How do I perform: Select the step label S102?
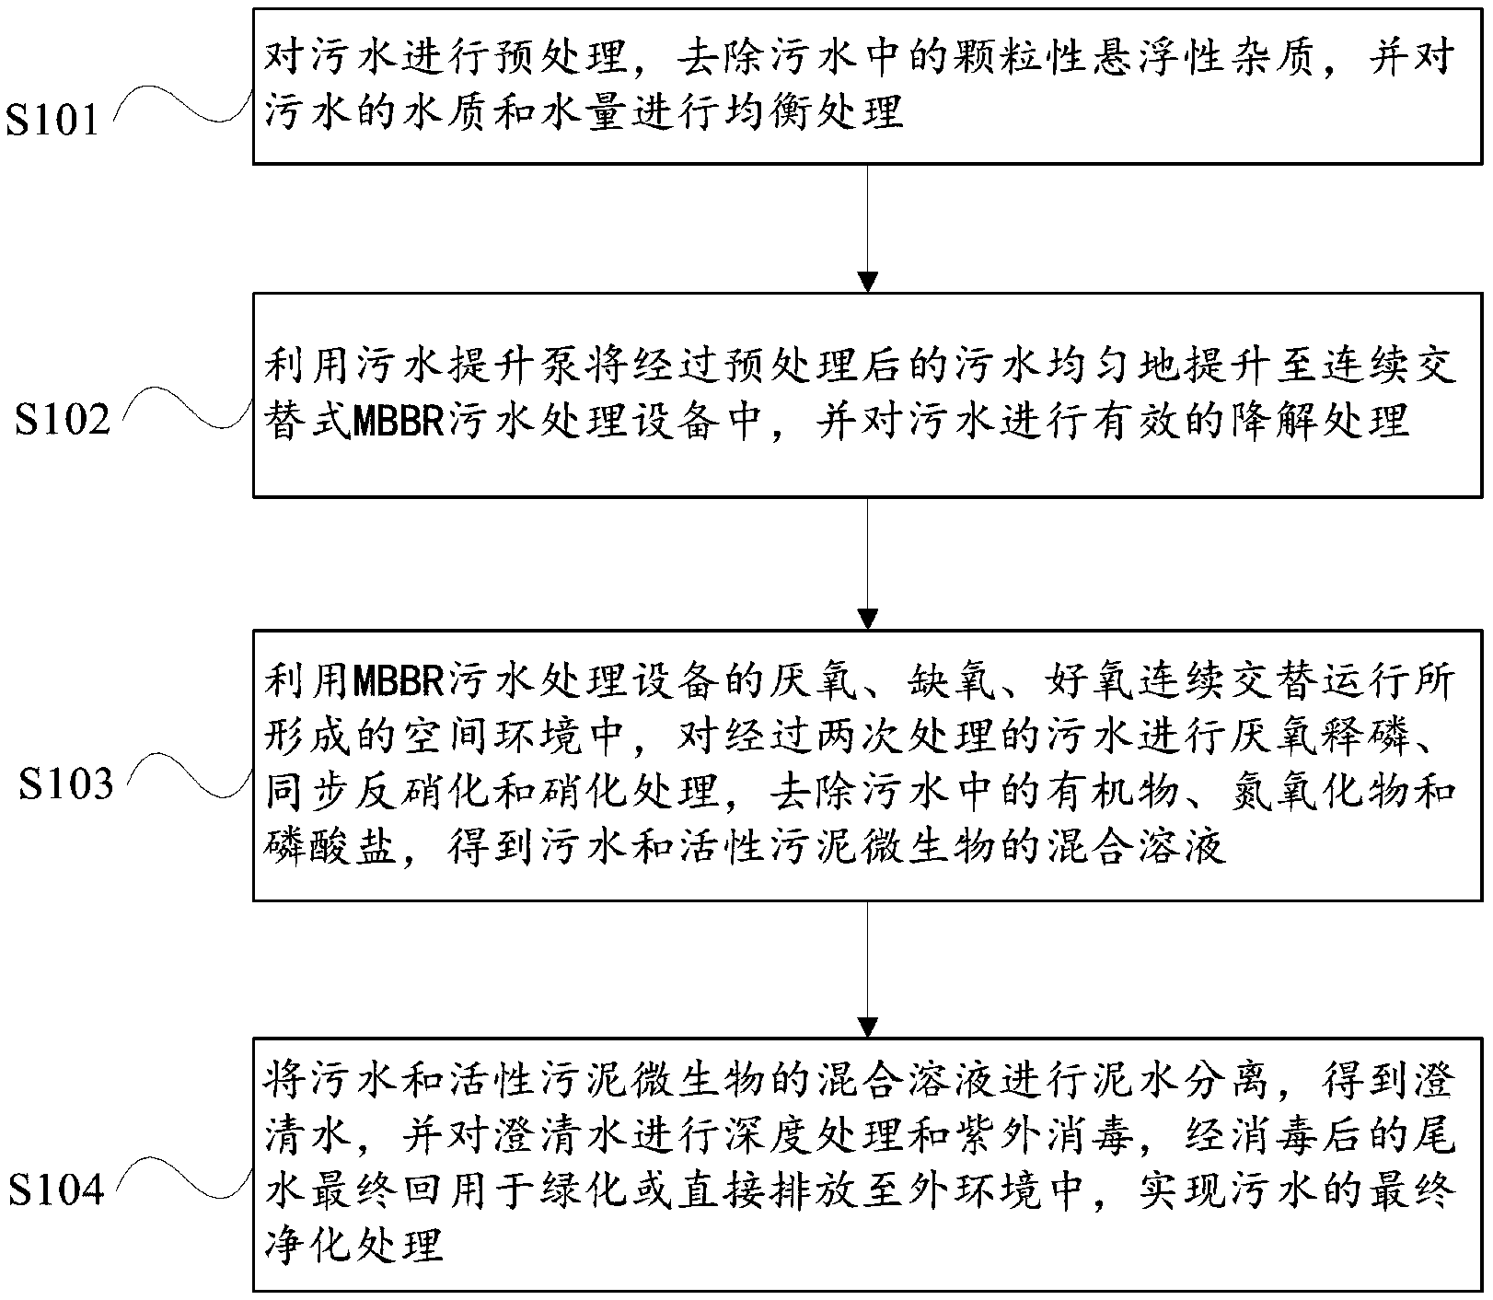(62, 420)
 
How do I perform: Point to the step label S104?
(56, 1190)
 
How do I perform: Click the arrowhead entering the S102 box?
(867, 282)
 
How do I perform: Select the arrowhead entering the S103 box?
(867, 619)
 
